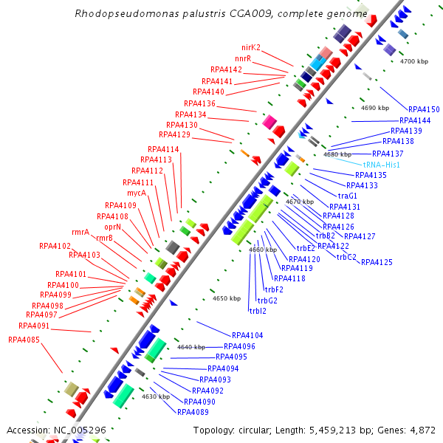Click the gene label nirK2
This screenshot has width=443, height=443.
(251, 47)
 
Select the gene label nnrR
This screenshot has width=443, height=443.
(243, 58)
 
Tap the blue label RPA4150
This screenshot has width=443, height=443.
(424, 109)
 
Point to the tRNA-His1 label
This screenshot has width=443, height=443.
(381, 165)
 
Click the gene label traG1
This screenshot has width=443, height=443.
(348, 196)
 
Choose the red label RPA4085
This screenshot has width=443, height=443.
(24, 340)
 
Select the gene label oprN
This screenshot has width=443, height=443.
(112, 227)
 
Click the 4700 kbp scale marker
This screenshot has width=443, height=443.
(414, 61)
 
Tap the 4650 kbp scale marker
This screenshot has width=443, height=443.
(227, 298)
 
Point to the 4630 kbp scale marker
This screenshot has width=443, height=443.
(156, 396)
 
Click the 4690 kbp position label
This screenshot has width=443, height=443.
(375, 108)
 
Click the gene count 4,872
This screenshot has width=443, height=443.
(420, 430)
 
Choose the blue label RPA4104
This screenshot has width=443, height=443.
(247, 335)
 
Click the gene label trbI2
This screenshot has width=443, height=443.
(258, 311)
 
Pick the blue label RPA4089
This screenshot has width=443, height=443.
(193, 412)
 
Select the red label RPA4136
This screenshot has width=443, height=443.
(199, 103)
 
